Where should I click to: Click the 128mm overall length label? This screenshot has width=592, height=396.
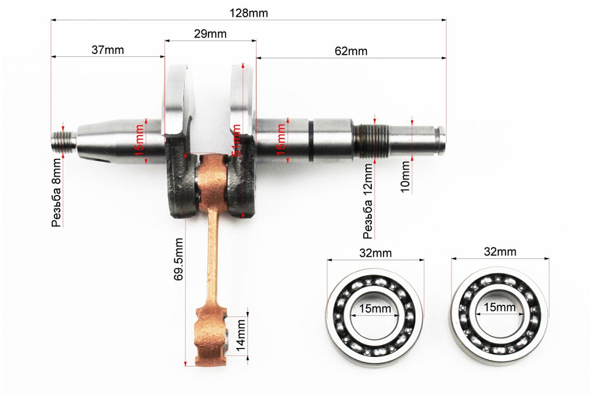coord(249,13)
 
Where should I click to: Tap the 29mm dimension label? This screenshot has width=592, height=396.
coord(210,34)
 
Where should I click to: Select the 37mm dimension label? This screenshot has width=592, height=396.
coord(108,50)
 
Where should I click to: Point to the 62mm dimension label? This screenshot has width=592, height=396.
coord(350,50)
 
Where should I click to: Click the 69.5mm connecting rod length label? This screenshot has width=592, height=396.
coord(179,259)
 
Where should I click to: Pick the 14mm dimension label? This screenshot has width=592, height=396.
coord(240,336)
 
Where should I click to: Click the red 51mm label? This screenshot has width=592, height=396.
coord(237,140)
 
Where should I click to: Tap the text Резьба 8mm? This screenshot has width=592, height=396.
coord(56,193)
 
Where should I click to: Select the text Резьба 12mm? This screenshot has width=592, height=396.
coord(368,201)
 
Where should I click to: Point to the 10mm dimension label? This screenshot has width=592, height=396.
coord(406,177)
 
